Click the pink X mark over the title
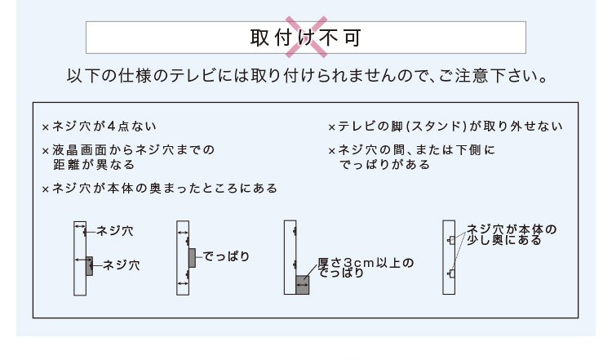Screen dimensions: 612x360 (306, 37)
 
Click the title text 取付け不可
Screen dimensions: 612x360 (306, 38)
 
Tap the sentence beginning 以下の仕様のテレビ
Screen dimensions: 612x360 (307, 75)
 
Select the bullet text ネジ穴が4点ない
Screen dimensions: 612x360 (104, 126)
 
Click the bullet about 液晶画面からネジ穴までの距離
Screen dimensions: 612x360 (134, 157)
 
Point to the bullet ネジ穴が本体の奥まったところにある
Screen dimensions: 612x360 (165, 189)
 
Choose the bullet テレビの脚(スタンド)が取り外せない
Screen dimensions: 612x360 (450, 126)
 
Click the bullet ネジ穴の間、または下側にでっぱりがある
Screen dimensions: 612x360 (416, 157)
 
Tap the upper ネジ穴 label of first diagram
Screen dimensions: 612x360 (114, 231)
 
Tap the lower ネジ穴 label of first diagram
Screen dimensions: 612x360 (121, 265)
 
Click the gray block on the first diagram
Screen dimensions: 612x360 (90, 266)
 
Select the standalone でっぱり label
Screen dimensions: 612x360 (226, 256)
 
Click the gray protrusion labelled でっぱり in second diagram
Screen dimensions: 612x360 (192, 258)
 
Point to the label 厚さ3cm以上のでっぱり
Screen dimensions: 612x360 (366, 268)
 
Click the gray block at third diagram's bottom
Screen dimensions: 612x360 (303, 285)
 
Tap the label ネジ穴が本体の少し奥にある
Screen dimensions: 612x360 (512, 234)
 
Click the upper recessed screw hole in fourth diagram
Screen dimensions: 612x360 (451, 240)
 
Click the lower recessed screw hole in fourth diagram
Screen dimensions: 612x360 (451, 273)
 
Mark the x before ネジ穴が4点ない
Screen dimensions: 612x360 (46, 127)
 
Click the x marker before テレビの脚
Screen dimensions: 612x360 (332, 127)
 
